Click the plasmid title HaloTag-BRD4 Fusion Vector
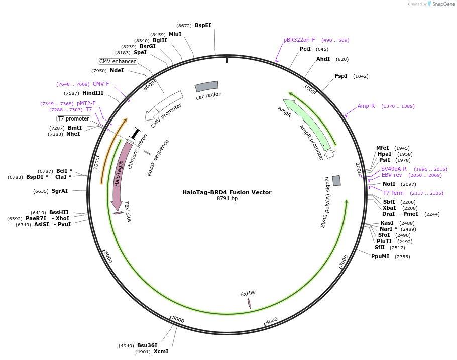[227, 192]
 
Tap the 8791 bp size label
[227, 199]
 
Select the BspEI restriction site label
[203, 25]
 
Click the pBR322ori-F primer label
[299, 40]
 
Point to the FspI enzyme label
[341, 76]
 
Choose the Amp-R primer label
[366, 106]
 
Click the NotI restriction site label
[389, 184]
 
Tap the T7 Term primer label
[393, 193]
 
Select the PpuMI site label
[380, 256]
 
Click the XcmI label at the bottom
[161, 351]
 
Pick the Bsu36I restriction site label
[147, 345]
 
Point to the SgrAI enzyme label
[60, 191]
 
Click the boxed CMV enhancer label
[118, 61]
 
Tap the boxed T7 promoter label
[73, 118]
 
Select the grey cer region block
[206, 86]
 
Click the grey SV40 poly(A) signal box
[336, 180]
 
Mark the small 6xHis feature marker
[249, 303]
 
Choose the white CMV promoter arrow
[164, 105]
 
